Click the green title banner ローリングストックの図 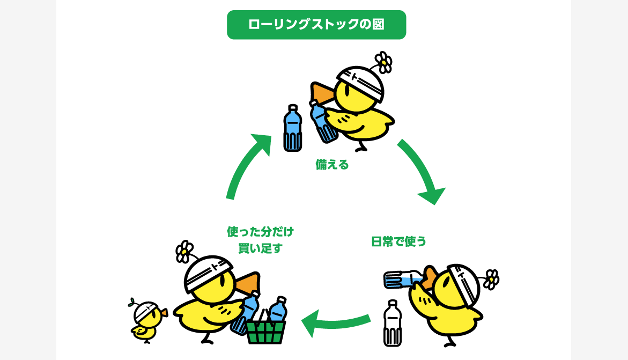pyautogui.click(x=316, y=25)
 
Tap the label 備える pyautogui.click(x=332, y=165)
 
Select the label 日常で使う pyautogui.click(x=398, y=242)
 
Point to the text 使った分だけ pyautogui.click(x=260, y=232)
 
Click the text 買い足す pyautogui.click(x=260, y=248)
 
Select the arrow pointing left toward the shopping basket pyautogui.click(x=336, y=321)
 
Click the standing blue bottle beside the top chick pyautogui.click(x=293, y=128)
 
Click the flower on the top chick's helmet pyautogui.click(x=384, y=62)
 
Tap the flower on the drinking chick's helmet pyautogui.click(x=491, y=280)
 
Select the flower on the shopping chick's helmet pyautogui.click(x=184, y=252)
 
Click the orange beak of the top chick pyautogui.click(x=322, y=93)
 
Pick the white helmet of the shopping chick pyautogui.click(x=208, y=273)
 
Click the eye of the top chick pyautogui.click(x=347, y=91)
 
